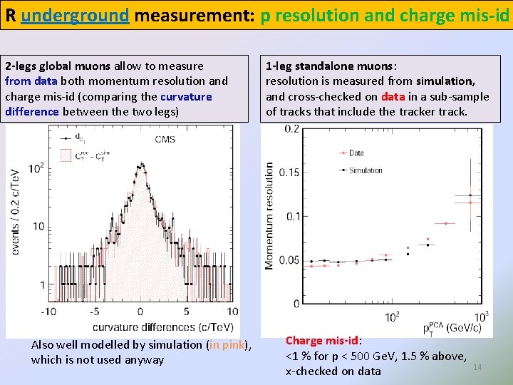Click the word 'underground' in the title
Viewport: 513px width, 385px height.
[x=75, y=16]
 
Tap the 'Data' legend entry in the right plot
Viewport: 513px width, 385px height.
[x=357, y=153]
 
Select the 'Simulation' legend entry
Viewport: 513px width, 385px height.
[x=366, y=170]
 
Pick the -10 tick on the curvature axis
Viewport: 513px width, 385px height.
[x=48, y=312]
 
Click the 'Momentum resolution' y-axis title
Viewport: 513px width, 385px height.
[x=269, y=216]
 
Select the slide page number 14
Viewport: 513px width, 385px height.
[x=477, y=366]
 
